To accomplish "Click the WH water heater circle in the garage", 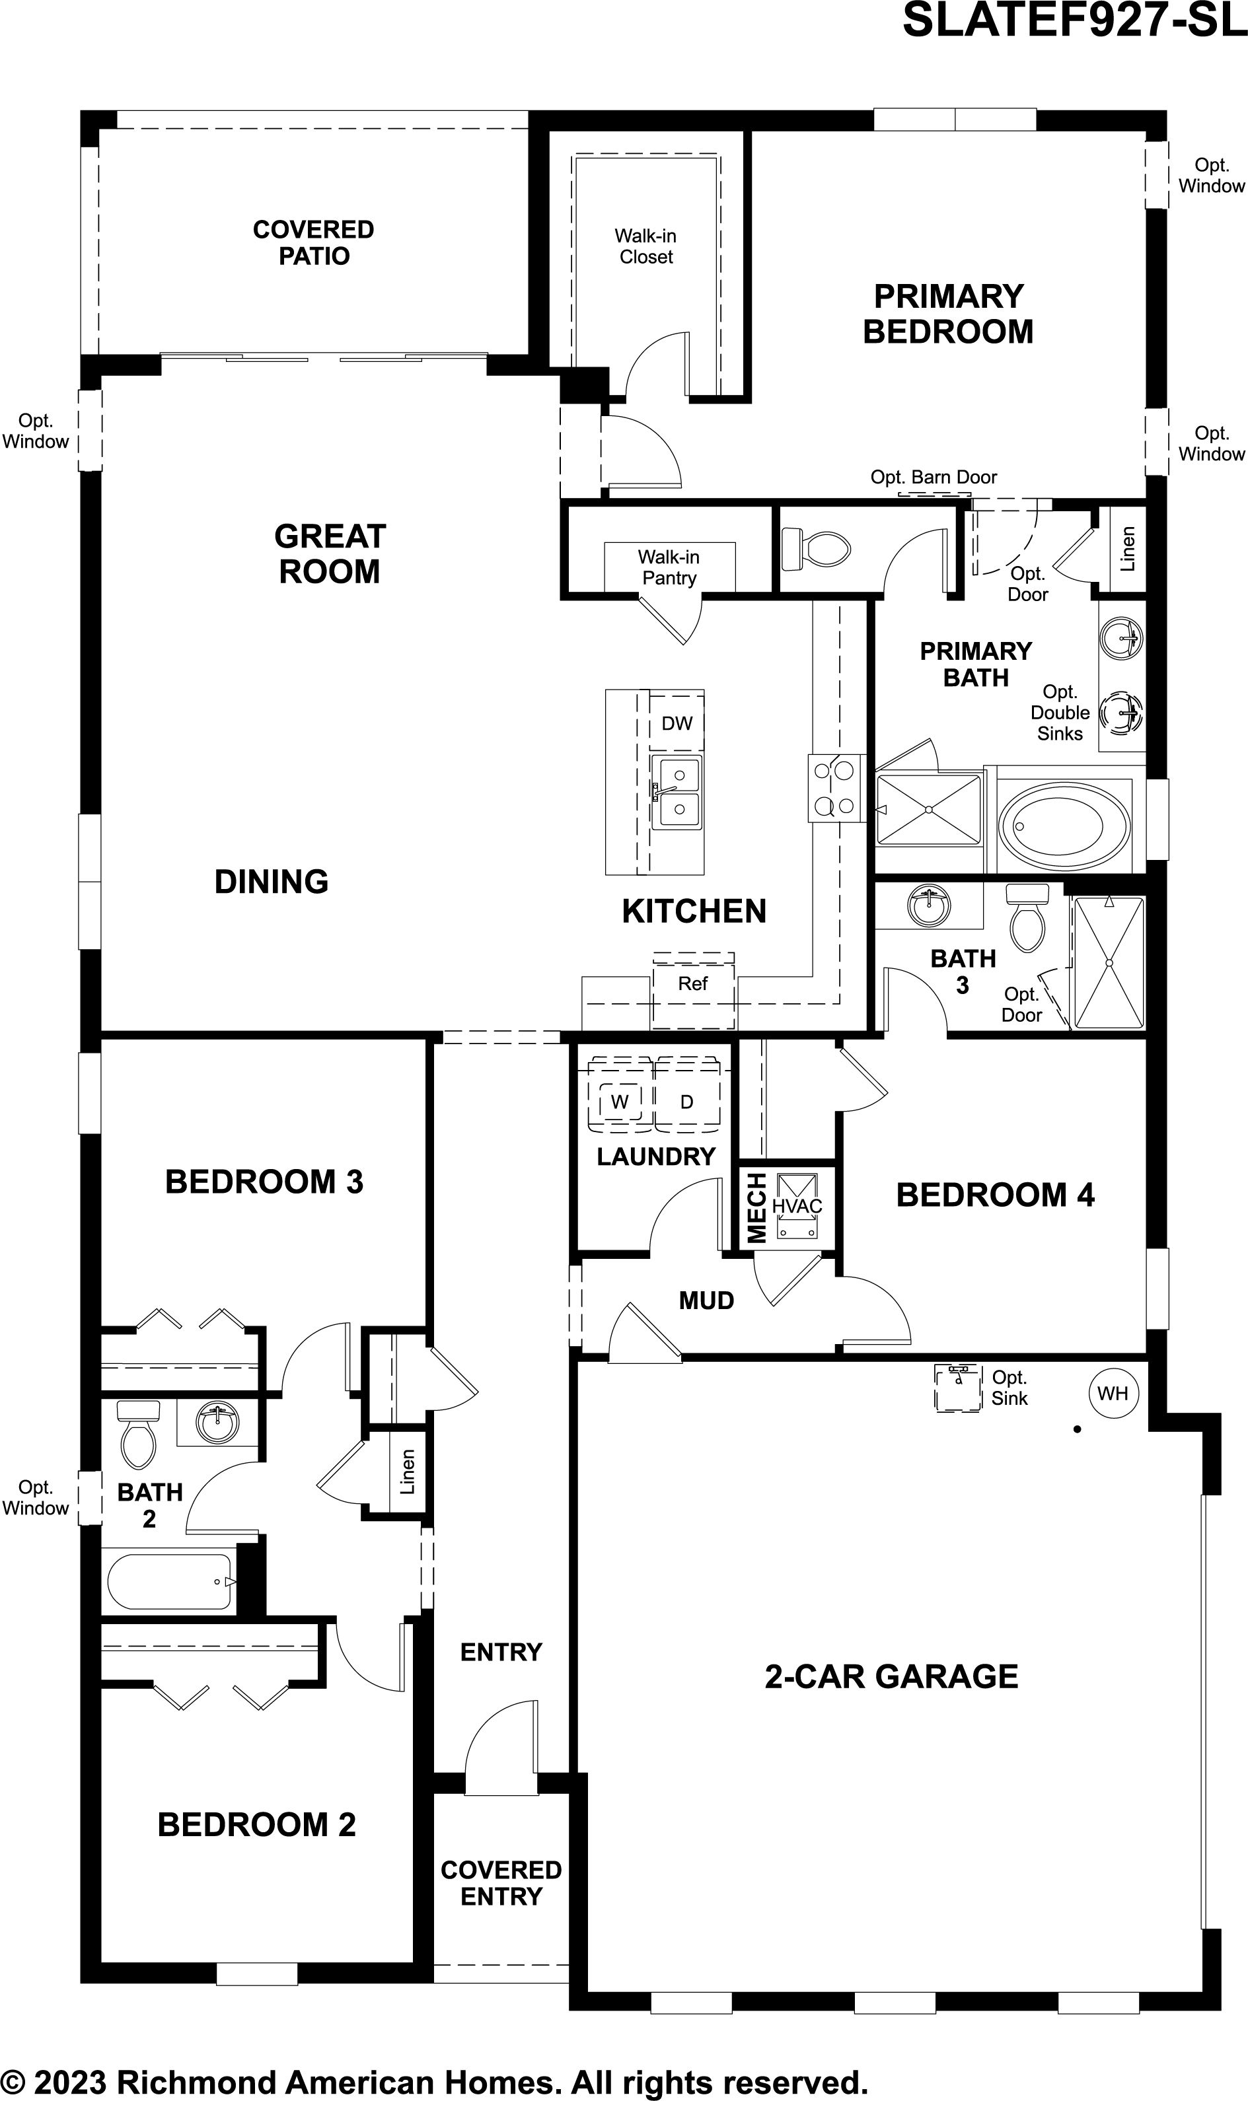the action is pos(1113,1393).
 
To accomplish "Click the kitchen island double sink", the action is pos(677,791).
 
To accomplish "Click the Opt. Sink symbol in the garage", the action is pos(958,1387).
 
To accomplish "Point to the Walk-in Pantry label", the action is pos(669,567).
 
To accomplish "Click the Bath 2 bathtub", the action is pos(169,1581).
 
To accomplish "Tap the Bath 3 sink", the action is pos(930,906).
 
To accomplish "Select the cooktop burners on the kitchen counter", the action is pos(835,789).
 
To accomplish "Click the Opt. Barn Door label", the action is pos(934,478).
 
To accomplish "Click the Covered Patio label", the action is pos(314,242).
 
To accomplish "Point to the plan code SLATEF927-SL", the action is pos(1074,20).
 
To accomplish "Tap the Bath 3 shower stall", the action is pos(1109,962).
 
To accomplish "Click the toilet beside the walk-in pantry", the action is pos(815,550).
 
